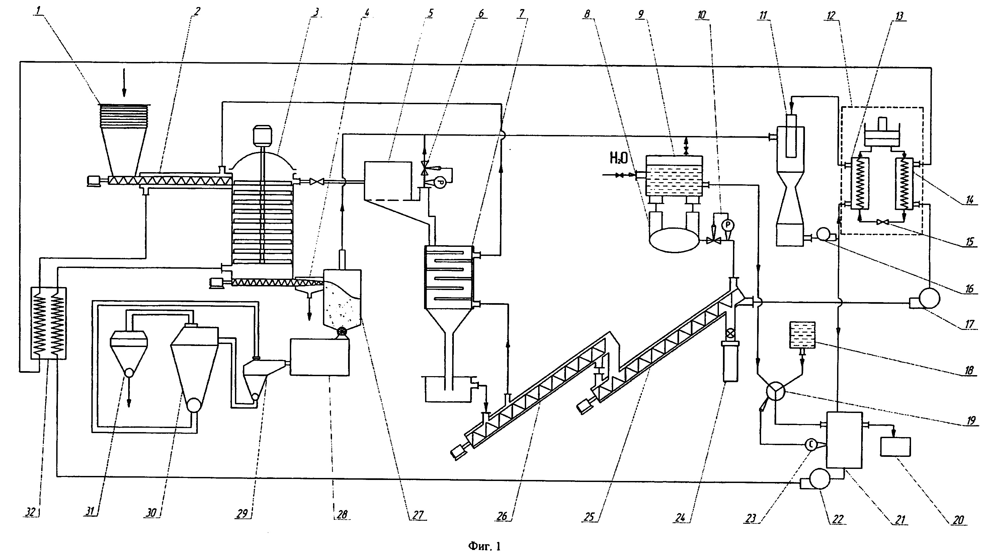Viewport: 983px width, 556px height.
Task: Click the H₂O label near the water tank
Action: (619, 158)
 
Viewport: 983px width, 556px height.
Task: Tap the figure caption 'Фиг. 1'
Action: (484, 546)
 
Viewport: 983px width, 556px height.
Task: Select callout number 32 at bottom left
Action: (32, 512)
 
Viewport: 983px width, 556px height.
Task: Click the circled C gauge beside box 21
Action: (811, 444)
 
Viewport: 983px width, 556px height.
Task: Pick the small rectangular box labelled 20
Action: (895, 446)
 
